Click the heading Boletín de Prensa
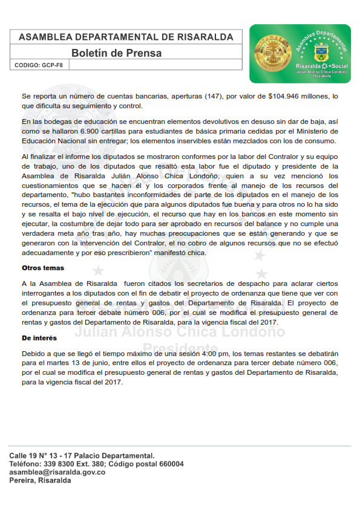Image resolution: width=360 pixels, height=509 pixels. tap(116, 53)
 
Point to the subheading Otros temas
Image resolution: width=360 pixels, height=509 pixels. tap(42, 267)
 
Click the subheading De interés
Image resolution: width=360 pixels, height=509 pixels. tap(39, 338)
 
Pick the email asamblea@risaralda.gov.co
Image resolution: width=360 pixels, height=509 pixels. tap(57, 472)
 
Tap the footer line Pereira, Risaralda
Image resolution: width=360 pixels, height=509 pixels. tap(40, 481)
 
